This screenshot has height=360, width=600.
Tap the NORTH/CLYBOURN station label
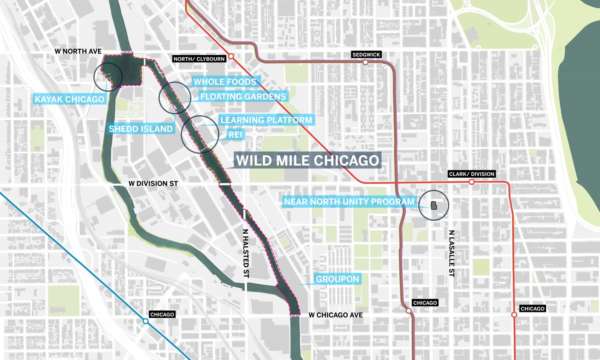pos(196,59)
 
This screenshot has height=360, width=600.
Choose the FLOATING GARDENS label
pos(244,97)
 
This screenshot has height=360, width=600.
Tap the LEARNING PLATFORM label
pos(267,120)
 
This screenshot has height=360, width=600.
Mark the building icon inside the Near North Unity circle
pos(436,206)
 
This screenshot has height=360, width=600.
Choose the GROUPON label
pos(336,278)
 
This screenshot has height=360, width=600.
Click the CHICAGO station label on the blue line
pos(161,316)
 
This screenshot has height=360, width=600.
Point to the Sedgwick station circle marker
pos(365,63)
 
